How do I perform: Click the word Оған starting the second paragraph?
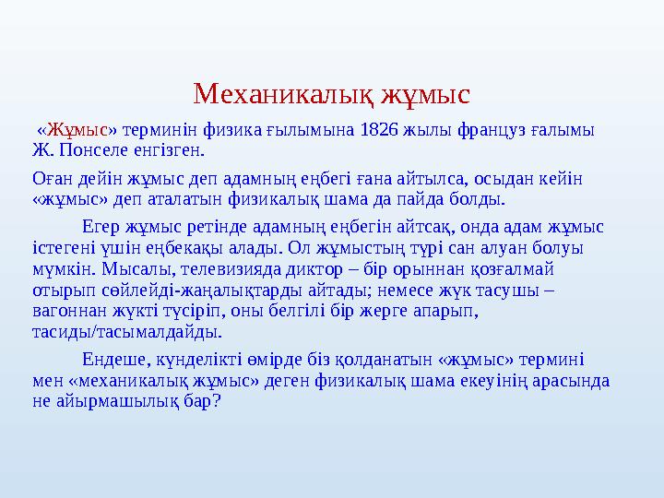point(51,177)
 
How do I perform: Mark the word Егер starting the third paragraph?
point(102,226)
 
